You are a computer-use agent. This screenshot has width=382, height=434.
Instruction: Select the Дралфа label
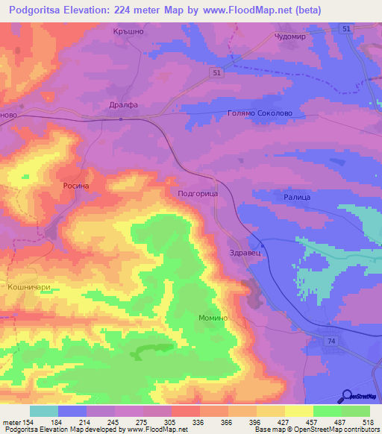click(x=123, y=105)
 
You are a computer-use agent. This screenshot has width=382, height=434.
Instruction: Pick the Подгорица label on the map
click(x=198, y=192)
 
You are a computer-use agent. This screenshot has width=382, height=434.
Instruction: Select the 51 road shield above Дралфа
click(x=215, y=72)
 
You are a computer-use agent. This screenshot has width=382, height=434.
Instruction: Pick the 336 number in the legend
click(x=199, y=421)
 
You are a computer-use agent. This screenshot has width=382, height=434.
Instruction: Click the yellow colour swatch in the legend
click(x=298, y=411)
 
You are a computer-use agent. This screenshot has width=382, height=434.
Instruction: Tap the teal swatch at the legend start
click(x=43, y=411)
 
